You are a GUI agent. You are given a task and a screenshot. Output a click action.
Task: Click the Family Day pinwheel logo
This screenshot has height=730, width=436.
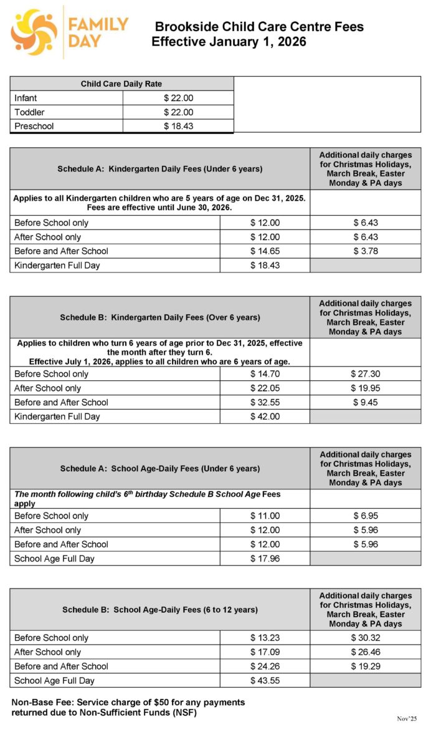(34, 32)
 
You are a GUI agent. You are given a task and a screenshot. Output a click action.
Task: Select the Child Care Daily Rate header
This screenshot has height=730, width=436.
(121, 84)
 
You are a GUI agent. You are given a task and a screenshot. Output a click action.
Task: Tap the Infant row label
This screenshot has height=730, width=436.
(26, 98)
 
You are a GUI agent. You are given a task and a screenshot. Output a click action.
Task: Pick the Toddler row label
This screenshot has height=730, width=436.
(29, 112)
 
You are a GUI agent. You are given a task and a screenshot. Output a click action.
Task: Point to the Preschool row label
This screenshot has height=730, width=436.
(34, 126)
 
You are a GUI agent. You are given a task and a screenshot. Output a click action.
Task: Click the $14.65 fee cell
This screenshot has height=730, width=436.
(265, 251)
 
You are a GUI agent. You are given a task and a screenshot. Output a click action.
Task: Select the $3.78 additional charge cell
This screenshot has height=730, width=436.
(365, 251)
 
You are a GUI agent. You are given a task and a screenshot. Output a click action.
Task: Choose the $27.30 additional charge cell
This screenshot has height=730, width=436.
(365, 374)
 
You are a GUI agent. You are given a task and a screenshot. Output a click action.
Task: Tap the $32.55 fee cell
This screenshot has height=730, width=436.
(265, 402)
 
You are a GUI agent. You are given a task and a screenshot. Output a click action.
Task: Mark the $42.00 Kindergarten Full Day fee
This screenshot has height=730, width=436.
(265, 416)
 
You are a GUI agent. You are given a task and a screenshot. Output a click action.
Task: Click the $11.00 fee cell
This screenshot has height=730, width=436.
(265, 516)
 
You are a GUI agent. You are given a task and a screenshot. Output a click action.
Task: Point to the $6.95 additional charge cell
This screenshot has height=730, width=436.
(365, 516)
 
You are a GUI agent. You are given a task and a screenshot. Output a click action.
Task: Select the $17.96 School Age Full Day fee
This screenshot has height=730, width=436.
(265, 559)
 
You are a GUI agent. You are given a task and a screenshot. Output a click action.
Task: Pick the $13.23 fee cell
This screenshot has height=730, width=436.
(265, 638)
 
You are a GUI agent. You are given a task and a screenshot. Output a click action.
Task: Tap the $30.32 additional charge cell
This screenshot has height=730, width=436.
(365, 638)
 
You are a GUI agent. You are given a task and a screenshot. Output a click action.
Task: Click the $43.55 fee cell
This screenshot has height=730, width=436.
(265, 681)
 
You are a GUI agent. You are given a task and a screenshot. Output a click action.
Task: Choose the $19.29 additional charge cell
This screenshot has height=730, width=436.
(365, 666)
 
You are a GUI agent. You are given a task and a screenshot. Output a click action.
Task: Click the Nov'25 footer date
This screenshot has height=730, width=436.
(408, 718)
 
